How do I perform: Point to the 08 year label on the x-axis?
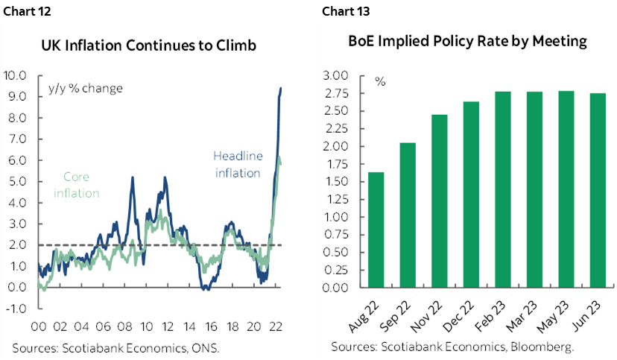pyautogui.click(x=124, y=326)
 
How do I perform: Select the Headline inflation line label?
pyautogui.click(x=237, y=165)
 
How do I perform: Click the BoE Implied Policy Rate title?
pyautogui.click(x=467, y=41)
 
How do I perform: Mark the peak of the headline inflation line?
pyautogui.click(x=280, y=88)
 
